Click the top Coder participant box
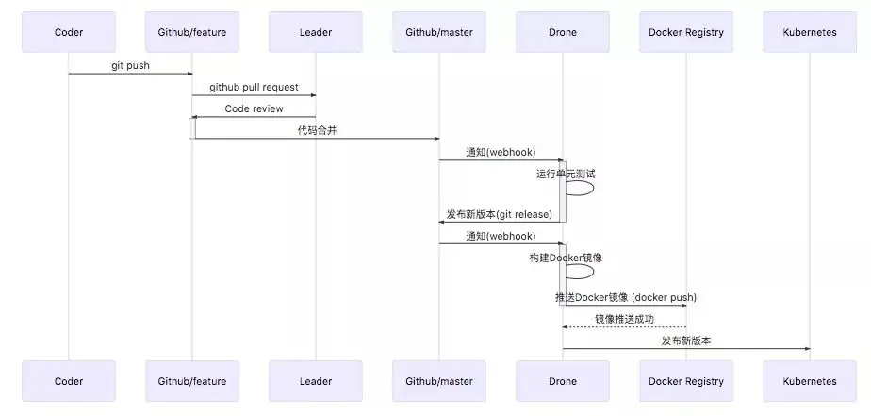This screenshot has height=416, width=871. point(69,32)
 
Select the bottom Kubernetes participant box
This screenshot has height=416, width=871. point(810,381)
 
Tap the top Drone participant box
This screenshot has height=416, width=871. point(563,32)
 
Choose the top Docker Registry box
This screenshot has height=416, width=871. point(686,32)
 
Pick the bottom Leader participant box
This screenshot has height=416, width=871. point(316,381)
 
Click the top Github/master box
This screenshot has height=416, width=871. point(439,32)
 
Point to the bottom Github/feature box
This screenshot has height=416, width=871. point(192,381)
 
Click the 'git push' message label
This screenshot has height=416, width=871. point(130,66)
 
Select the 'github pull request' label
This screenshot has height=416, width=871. point(254,87)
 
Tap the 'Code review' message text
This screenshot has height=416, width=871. point(254,108)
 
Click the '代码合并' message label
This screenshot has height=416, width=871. point(317,130)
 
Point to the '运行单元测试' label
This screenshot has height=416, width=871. point(566,173)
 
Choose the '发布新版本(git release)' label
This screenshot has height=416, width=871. point(500,214)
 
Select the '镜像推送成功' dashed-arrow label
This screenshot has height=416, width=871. point(624,319)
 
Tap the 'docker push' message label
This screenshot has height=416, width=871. point(626,297)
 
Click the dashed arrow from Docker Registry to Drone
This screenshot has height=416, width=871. point(624,327)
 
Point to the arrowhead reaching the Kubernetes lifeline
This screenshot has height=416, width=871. point(807,349)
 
